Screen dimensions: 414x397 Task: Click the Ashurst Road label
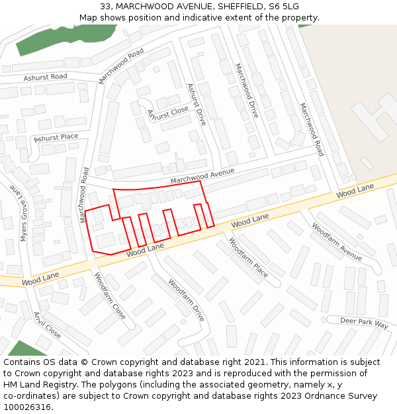pyautogui.click(x=46, y=78)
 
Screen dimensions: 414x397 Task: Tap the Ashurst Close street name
pyautogui.click(x=167, y=113)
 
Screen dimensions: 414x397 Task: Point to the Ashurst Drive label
pyautogui.click(x=197, y=105)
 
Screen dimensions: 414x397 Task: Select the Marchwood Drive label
pyautogui.click(x=246, y=91)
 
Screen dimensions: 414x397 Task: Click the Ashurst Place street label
pyautogui.click(x=56, y=138)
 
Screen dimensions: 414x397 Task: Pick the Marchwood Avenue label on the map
pyautogui.click(x=202, y=176)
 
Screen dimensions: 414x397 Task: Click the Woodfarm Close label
pyautogui.click(x=110, y=295)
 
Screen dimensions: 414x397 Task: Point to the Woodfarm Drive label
pyautogui.click(x=186, y=299)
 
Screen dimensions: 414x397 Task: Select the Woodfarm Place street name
pyautogui.click(x=249, y=258)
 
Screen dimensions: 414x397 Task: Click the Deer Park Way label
pyautogui.click(x=364, y=323)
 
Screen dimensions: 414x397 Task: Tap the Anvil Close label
pyautogui.click(x=48, y=325)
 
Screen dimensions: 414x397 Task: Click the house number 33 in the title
pyautogui.click(x=106, y=7)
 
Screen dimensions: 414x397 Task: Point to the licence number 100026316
pyautogui.click(x=26, y=407)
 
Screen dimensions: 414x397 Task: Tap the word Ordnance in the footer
pyautogui.click(x=322, y=396)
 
